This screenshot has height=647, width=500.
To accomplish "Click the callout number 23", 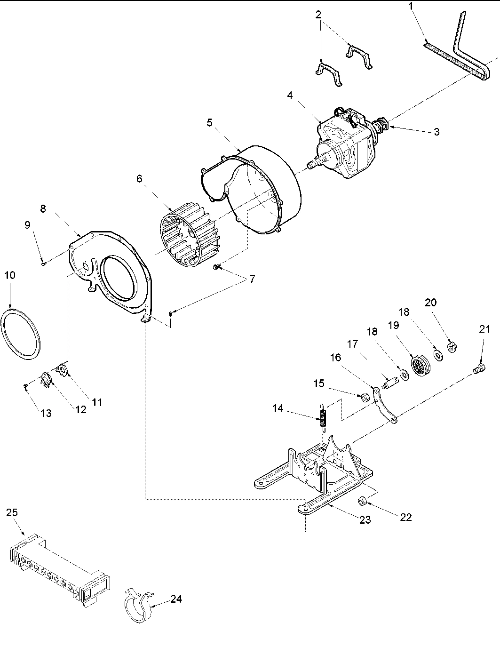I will coord(365,519).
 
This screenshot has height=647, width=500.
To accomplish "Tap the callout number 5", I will coord(209,123).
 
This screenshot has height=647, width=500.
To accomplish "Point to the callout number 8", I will coord(43,209).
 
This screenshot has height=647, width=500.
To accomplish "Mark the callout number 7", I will coord(252,279).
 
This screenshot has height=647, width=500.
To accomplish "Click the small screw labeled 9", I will coord(43,264).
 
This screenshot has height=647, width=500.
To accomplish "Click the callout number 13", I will coord(46,413).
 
